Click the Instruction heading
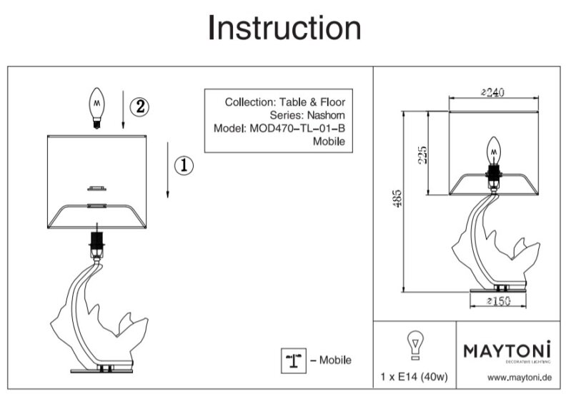click(284, 28)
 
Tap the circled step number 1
click(183, 166)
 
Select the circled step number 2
click(139, 107)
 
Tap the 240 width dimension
click(493, 92)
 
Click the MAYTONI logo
click(507, 351)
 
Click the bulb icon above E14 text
click(413, 344)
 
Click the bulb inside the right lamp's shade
click(492, 151)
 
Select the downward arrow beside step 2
click(124, 110)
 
